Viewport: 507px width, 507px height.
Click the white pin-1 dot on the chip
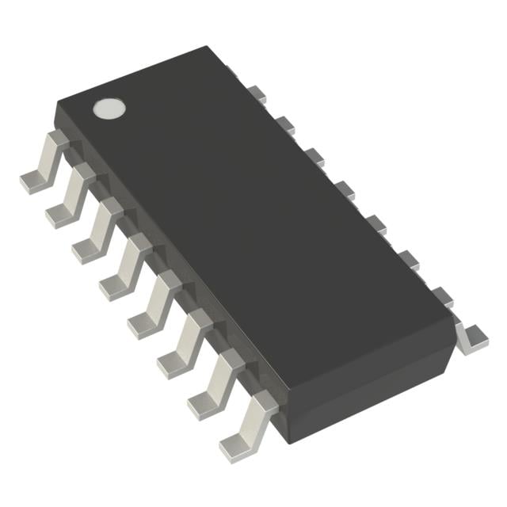click(110, 108)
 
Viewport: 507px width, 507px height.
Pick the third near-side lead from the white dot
click(97, 232)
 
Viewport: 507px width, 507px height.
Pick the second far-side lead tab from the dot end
click(286, 124)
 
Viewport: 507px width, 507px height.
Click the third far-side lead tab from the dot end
click(314, 155)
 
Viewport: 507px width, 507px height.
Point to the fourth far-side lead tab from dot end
click(343, 188)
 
